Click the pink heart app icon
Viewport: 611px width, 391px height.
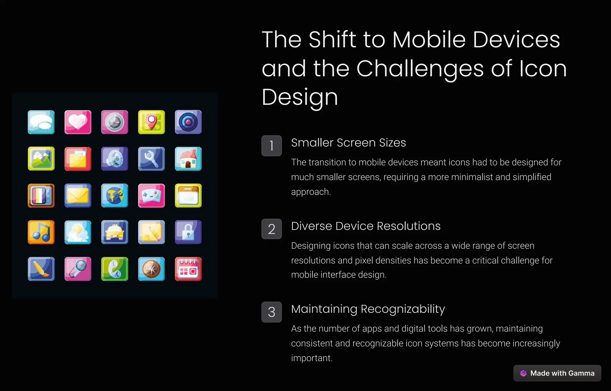click(78, 122)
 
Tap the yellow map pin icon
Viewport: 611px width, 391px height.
click(151, 122)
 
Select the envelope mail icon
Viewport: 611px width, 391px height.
click(78, 195)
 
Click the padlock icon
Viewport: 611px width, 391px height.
click(188, 232)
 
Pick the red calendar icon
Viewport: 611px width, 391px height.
click(188, 269)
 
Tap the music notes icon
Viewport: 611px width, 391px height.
click(41, 232)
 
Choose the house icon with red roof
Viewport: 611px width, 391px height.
click(188, 159)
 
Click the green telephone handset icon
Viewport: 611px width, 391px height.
click(115, 269)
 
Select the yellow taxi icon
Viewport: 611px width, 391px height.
click(115, 232)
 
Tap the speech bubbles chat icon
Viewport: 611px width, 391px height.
click(41, 122)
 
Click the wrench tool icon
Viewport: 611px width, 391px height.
click(151, 159)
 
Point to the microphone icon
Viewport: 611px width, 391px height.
click(78, 269)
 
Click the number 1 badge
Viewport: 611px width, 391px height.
click(271, 146)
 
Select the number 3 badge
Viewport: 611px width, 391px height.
click(271, 312)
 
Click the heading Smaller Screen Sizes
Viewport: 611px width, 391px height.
click(348, 143)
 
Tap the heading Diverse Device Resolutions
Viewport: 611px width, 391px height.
click(365, 226)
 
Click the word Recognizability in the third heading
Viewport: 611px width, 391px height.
click(402, 309)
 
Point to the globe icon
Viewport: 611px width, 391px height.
click(115, 195)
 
